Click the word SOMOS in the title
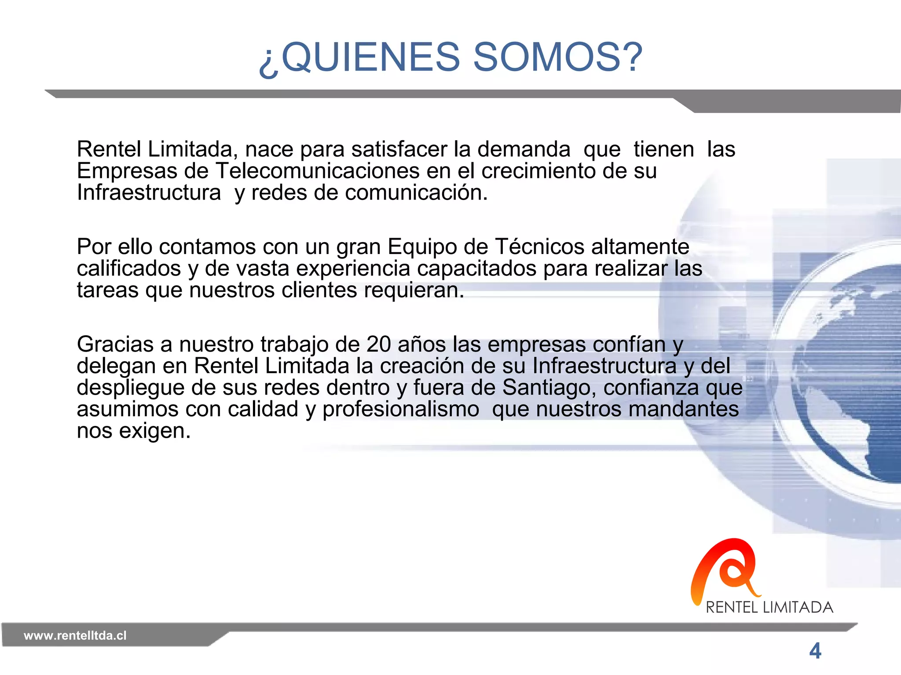tap(557, 57)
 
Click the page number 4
tap(815, 651)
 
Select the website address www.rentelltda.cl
tap(75, 635)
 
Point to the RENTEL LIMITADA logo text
tap(769, 607)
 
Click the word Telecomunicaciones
tap(317, 171)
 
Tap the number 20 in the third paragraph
tap(379, 345)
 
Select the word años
tap(421, 345)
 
